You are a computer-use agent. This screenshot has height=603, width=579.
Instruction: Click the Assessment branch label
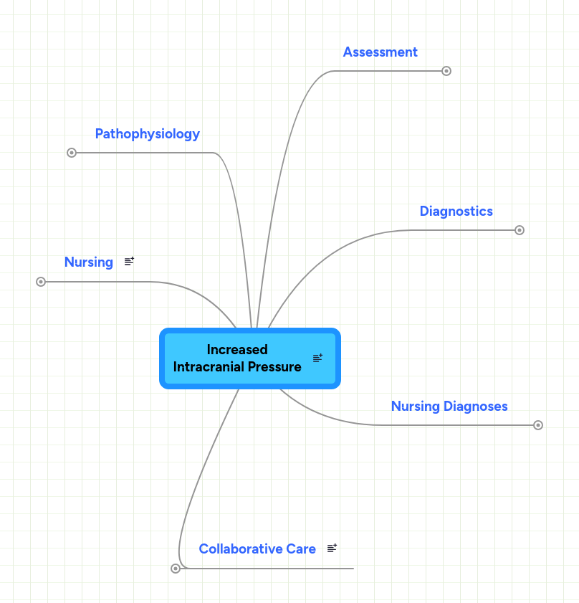[380, 52]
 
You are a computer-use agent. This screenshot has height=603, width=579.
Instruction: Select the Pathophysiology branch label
[147, 134]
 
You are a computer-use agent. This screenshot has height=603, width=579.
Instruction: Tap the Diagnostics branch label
[456, 212]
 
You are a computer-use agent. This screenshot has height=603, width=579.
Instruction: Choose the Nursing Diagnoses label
[449, 407]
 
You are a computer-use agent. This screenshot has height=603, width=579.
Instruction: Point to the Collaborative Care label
[257, 549]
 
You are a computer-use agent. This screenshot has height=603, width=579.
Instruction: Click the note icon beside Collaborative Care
[332, 549]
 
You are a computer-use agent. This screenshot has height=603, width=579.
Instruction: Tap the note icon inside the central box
[317, 359]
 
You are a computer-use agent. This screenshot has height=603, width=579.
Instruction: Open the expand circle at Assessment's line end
[446, 71]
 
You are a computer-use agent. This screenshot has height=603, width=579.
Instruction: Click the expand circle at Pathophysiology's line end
[72, 153]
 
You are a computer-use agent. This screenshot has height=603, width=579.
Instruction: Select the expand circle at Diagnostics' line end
[520, 230]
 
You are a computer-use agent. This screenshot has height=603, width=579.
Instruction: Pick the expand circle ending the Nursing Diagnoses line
[538, 425]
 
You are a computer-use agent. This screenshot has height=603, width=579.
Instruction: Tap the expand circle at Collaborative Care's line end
[176, 569]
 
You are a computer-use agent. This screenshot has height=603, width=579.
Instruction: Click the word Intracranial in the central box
[207, 367]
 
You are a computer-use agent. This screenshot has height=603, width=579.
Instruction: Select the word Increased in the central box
[237, 350]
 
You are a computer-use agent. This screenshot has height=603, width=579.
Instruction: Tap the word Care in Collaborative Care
[301, 549]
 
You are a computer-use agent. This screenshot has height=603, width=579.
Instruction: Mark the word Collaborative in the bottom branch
[241, 549]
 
